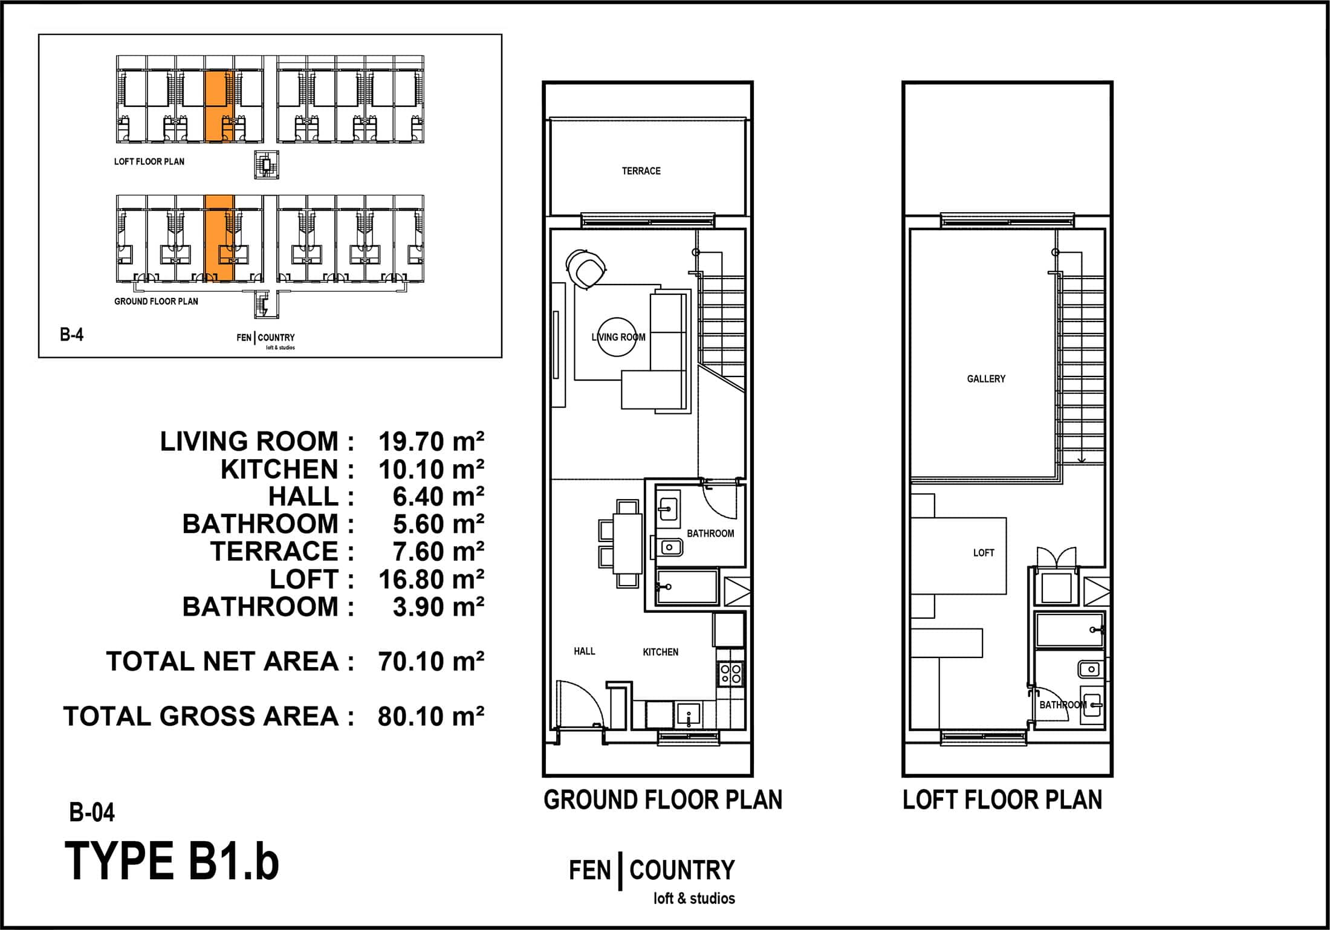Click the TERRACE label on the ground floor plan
641,171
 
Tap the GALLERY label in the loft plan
986,379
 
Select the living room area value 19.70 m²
431,442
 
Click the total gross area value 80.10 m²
431,716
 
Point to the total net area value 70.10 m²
431,662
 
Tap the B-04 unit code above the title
92,813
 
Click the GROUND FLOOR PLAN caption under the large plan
663,800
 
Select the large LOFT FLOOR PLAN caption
1002,800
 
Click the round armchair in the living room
586,269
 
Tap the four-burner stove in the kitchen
730,674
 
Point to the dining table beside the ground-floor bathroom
628,543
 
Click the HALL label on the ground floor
585,651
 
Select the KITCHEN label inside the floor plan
660,652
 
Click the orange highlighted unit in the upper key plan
219,106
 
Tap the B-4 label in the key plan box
71,335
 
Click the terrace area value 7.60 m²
438,552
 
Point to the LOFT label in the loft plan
984,553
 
